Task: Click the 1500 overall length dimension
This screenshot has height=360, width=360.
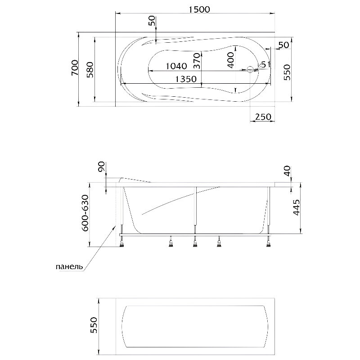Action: click(199, 9)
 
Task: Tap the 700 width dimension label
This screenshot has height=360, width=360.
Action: click(75, 68)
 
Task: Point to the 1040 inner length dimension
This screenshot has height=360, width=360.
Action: click(176, 66)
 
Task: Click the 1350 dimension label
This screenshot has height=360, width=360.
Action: click(186, 79)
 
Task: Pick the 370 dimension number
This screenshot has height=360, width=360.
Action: click(197, 61)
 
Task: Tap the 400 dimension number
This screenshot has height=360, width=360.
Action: click(231, 60)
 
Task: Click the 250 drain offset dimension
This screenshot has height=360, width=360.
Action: click(263, 117)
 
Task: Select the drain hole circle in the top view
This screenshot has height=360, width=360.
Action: click(250, 70)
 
